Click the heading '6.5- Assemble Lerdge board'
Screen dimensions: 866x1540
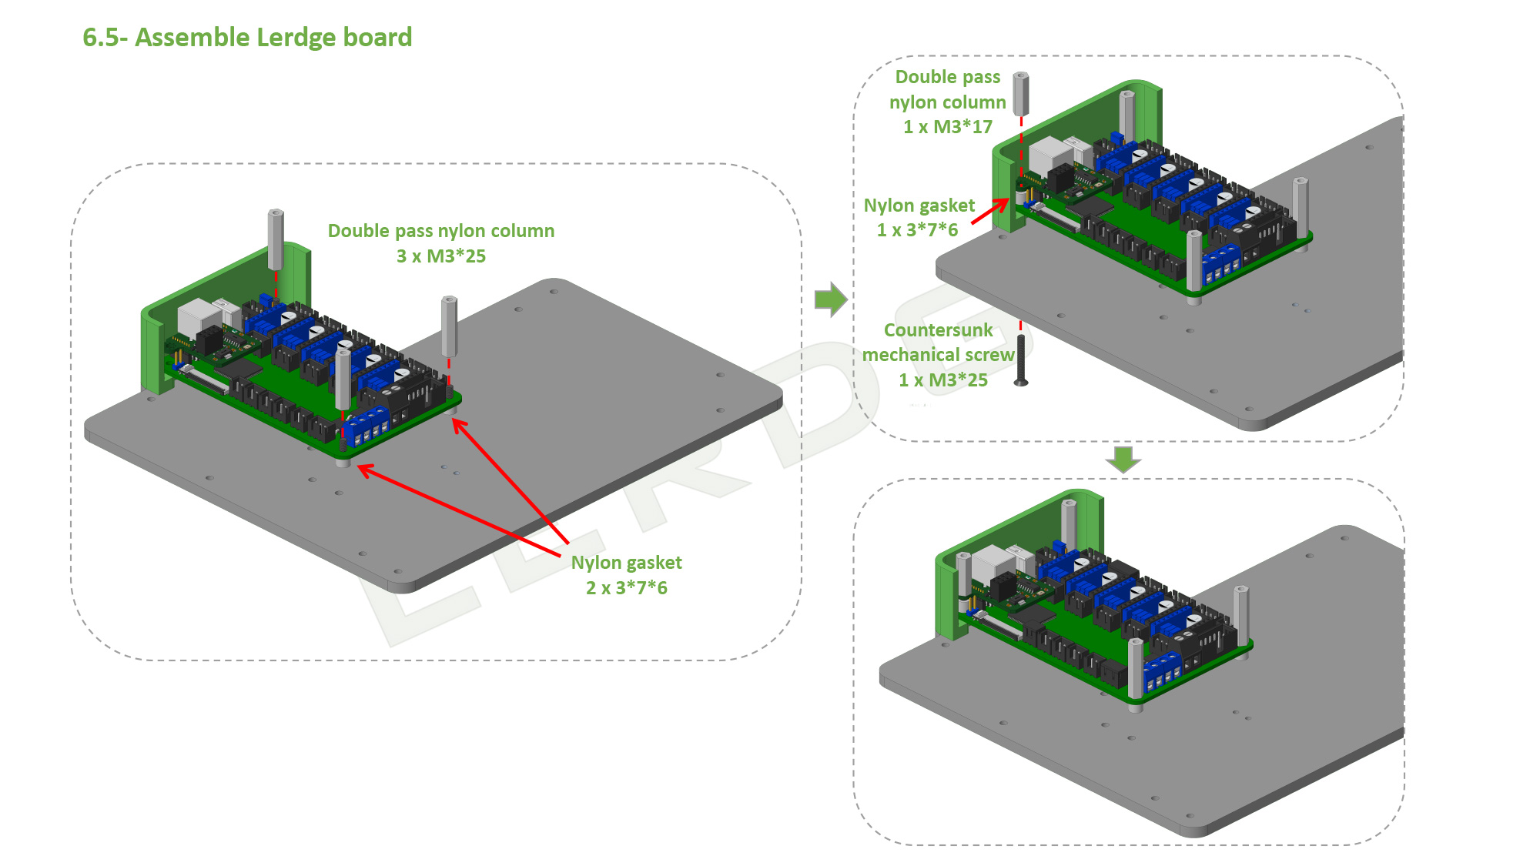(x=247, y=37)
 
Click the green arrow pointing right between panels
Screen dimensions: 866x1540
(x=830, y=299)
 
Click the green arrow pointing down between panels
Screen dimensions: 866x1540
(x=1123, y=459)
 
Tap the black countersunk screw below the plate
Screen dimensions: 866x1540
(x=1021, y=359)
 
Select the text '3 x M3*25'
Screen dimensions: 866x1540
(x=440, y=256)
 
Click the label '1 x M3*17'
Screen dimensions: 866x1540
(x=947, y=127)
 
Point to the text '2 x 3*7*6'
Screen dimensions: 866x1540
(x=626, y=588)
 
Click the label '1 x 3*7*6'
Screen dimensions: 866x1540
(x=917, y=230)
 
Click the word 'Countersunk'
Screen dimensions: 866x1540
(x=938, y=330)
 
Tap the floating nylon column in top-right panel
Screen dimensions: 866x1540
(x=1021, y=93)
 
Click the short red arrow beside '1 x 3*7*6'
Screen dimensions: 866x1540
(x=990, y=211)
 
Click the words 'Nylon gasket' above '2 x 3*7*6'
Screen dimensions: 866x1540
(x=626, y=563)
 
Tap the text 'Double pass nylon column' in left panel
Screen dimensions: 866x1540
(x=440, y=231)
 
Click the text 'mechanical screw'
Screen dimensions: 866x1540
(x=938, y=355)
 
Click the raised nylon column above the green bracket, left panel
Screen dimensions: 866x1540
(x=276, y=239)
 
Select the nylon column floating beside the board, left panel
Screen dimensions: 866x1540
(x=449, y=326)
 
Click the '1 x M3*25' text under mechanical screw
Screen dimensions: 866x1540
(x=942, y=380)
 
